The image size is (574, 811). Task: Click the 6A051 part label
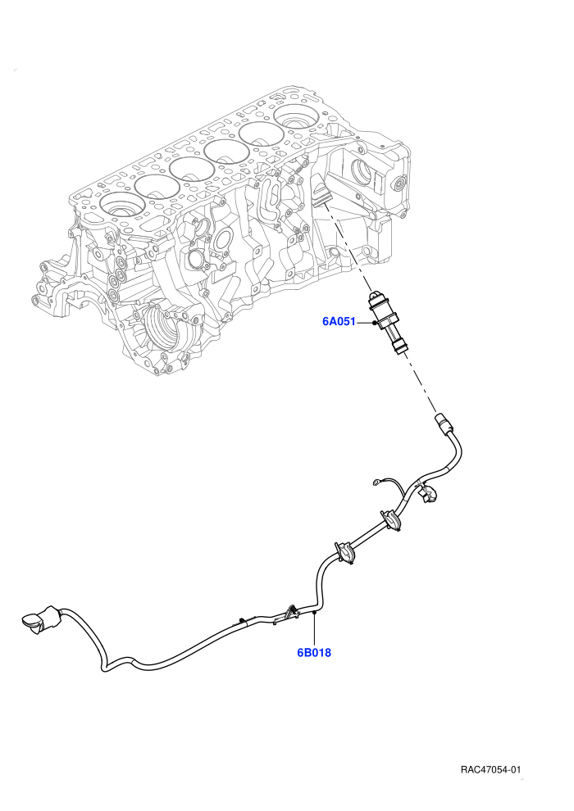(339, 321)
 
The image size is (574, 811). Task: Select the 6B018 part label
(314, 652)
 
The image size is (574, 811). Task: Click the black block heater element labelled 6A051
(388, 323)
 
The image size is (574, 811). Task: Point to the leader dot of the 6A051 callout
(374, 323)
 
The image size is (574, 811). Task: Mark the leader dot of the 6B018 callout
(314, 613)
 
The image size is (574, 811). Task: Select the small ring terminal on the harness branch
(376, 483)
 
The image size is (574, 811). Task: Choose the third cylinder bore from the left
(192, 169)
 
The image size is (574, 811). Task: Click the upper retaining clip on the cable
(392, 520)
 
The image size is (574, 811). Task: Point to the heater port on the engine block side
(319, 193)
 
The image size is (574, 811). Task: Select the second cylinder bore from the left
(157, 186)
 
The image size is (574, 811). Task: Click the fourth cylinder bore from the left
(226, 151)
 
